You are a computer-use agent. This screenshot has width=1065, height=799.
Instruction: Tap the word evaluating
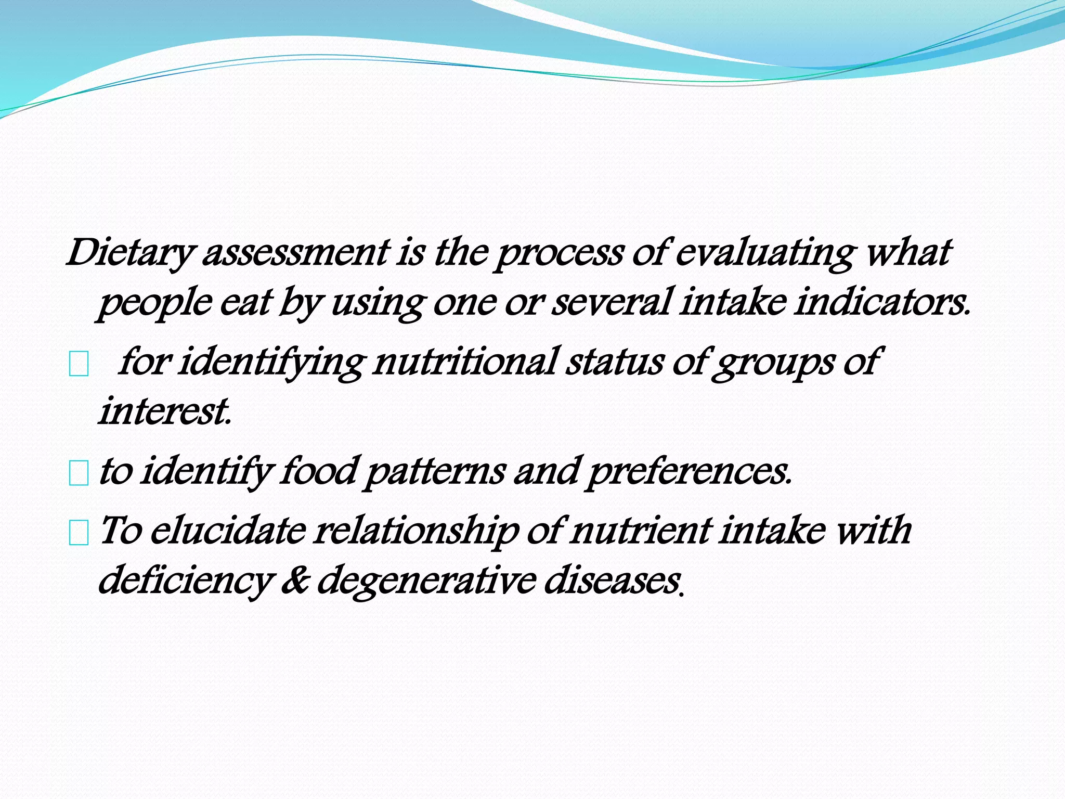(764, 253)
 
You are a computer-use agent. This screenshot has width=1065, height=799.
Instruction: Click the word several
(611, 303)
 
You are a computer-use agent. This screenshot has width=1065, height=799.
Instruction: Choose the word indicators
(881, 303)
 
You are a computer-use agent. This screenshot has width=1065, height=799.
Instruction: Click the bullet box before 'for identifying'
(79, 366)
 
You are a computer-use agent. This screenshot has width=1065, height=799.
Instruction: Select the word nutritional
(465, 362)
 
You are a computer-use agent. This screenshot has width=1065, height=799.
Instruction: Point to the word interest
(164, 411)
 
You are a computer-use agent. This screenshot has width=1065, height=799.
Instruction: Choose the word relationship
(416, 532)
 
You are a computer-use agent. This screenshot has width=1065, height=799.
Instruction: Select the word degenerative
(426, 581)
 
